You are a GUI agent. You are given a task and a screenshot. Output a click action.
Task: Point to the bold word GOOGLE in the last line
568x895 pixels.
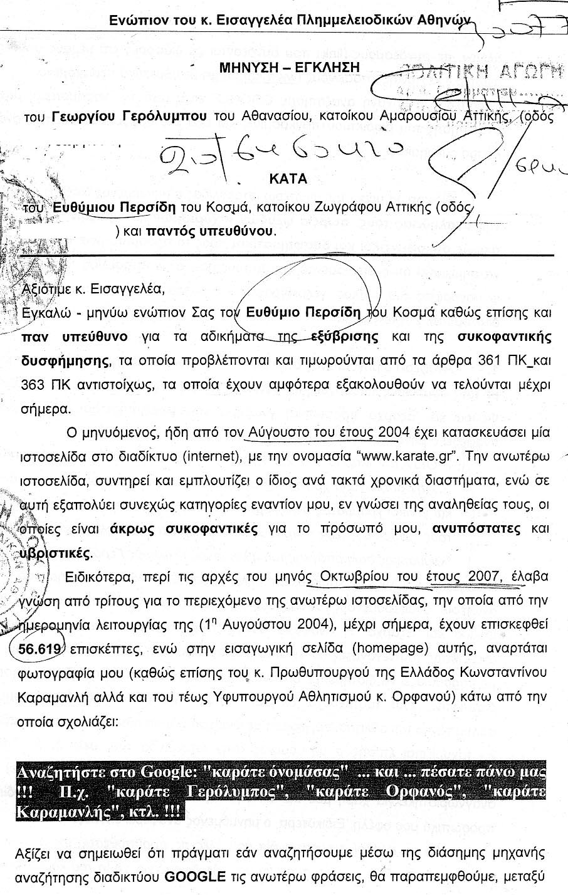click(x=194, y=876)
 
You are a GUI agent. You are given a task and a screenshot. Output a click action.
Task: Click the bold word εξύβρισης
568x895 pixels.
click(x=344, y=337)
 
